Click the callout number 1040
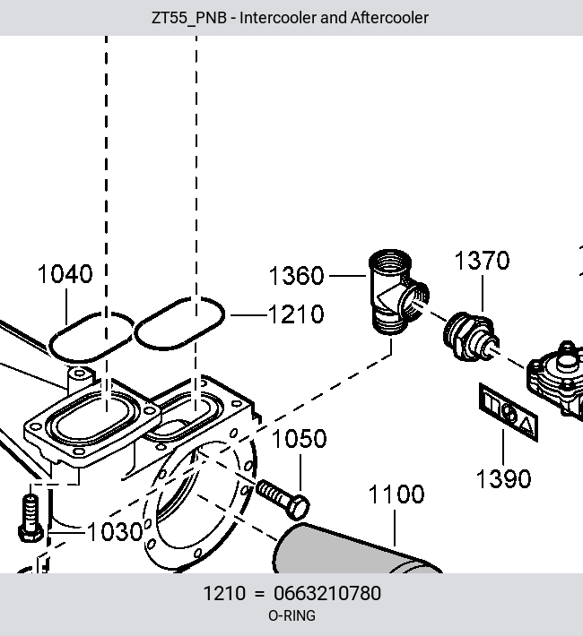pos(65,274)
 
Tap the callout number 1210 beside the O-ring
pos(296,314)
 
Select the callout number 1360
pos(297,276)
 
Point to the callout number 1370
pos(482,261)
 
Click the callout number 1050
pos(299,439)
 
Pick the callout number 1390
pos(503,479)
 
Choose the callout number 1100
pos(396,494)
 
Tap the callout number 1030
pos(115,532)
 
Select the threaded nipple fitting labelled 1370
pos(471,337)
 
